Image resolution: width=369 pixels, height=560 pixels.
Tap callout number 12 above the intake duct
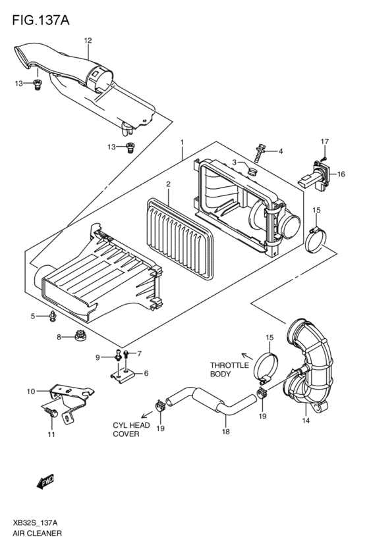[x=87, y=41]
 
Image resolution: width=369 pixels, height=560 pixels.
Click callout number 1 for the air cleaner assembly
[x=181, y=142]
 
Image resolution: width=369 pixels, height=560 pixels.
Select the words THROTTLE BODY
[x=229, y=369]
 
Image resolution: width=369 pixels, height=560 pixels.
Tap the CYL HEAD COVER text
[x=131, y=430]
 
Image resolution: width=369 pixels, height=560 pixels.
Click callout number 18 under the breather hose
[x=225, y=432]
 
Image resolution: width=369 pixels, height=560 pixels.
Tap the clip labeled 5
[x=53, y=317]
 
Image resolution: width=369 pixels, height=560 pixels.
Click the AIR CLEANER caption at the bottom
[x=37, y=533]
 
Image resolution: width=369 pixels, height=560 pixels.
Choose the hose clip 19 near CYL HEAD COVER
[x=159, y=405]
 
